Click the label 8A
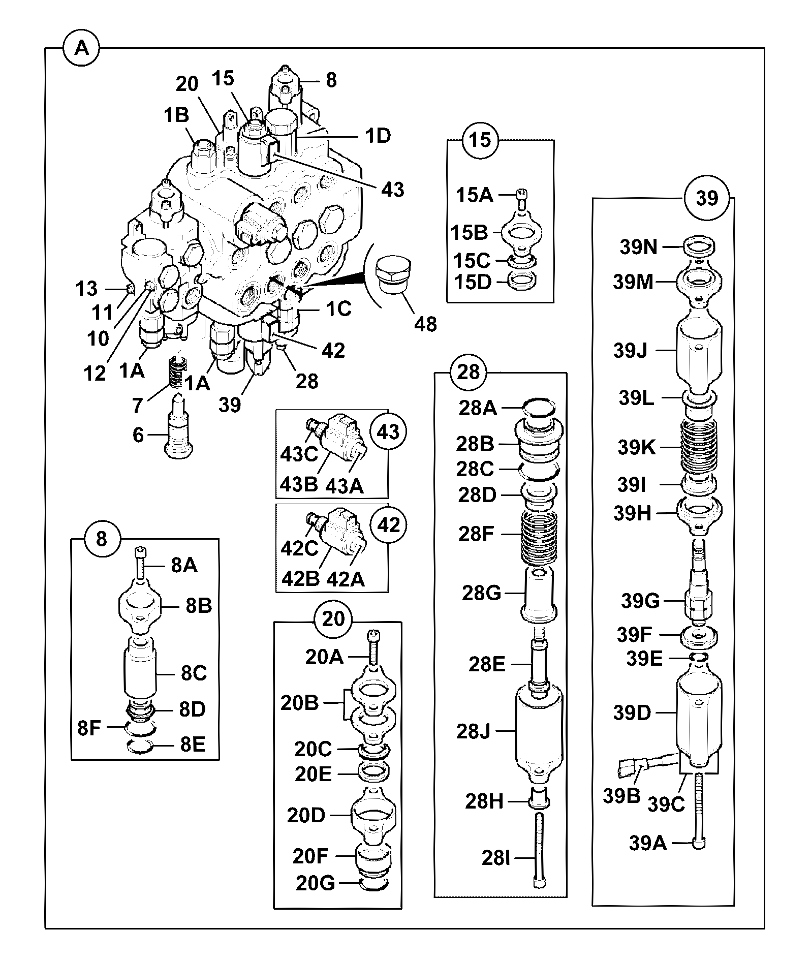coord(184,565)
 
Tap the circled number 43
coord(389,432)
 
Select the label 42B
coord(300,579)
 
